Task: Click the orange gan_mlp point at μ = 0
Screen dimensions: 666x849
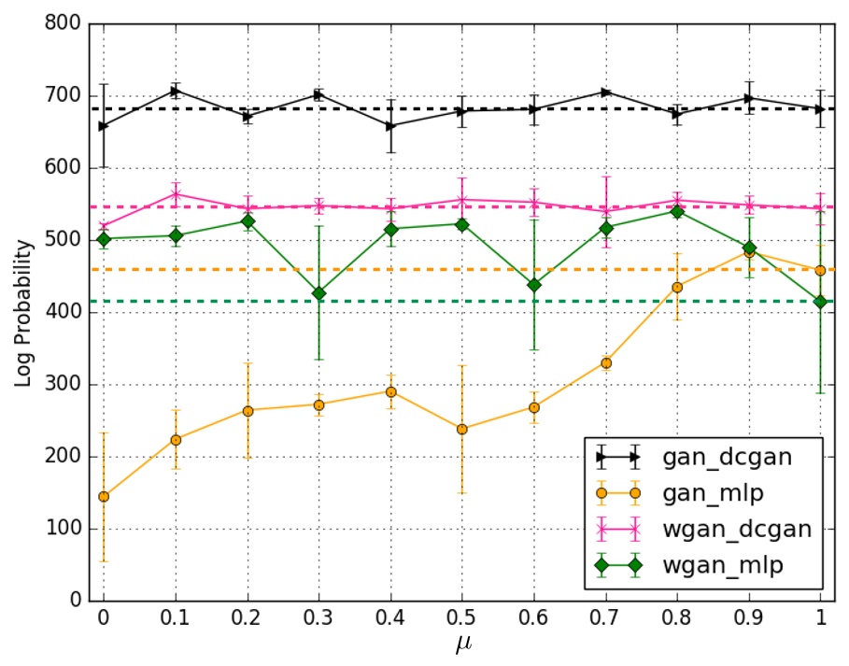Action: pyautogui.click(x=104, y=496)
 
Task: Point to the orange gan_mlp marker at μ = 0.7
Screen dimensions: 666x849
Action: pyautogui.click(x=605, y=362)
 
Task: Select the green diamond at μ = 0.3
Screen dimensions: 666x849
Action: pyautogui.click(x=318, y=293)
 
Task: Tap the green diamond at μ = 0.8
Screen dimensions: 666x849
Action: pyautogui.click(x=677, y=211)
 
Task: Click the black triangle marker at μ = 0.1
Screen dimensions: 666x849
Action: pyautogui.click(x=176, y=91)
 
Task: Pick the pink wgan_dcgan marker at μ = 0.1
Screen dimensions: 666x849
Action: pyautogui.click(x=176, y=194)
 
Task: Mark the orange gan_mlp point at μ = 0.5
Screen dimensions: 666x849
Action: pyautogui.click(x=462, y=429)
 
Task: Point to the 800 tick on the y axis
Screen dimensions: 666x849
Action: pyautogui.click(x=64, y=24)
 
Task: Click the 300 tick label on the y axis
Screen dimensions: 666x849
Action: pyautogui.click(x=64, y=385)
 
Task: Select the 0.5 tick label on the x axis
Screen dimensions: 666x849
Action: pyautogui.click(x=462, y=619)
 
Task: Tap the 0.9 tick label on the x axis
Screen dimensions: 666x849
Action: pyautogui.click(x=749, y=619)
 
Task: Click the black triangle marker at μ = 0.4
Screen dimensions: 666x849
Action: pyautogui.click(x=390, y=126)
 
